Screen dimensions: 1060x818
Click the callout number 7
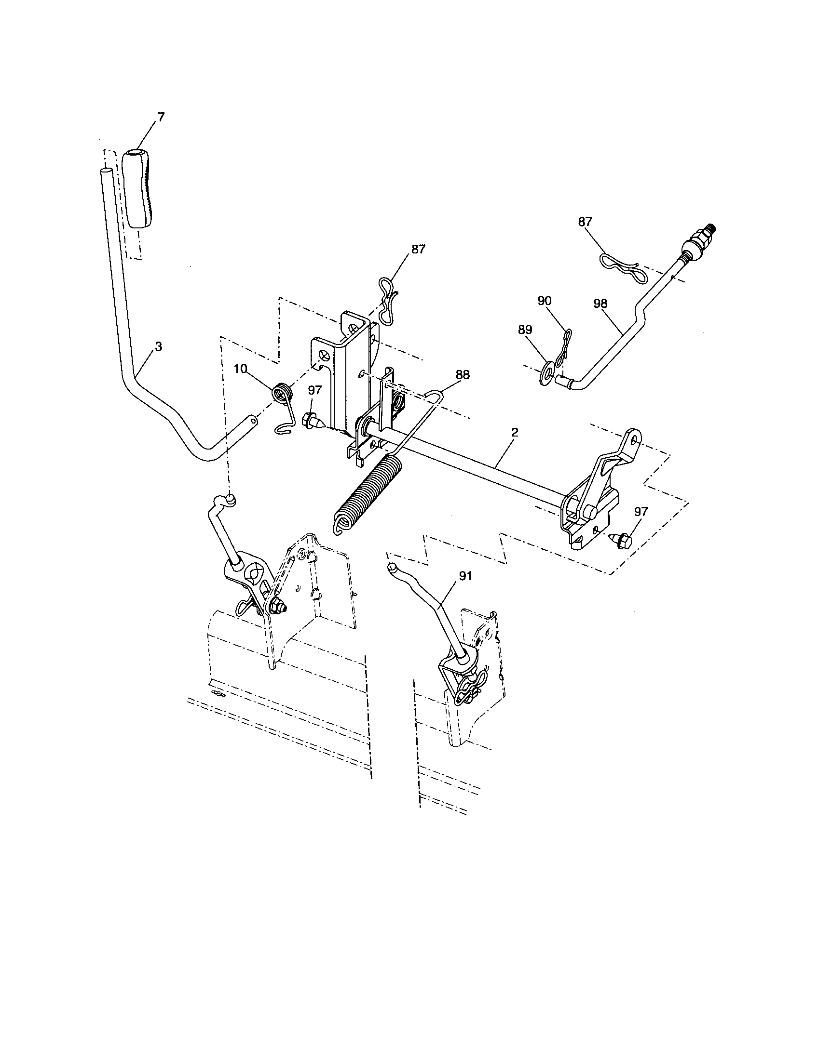point(161,117)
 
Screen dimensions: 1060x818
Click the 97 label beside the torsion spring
point(315,390)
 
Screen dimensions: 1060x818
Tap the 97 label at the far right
point(641,512)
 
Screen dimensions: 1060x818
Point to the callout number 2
point(515,433)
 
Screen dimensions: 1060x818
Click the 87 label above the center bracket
point(418,249)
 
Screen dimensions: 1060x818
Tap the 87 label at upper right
point(586,221)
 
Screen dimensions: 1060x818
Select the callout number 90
point(545,301)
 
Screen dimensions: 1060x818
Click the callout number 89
point(525,330)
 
